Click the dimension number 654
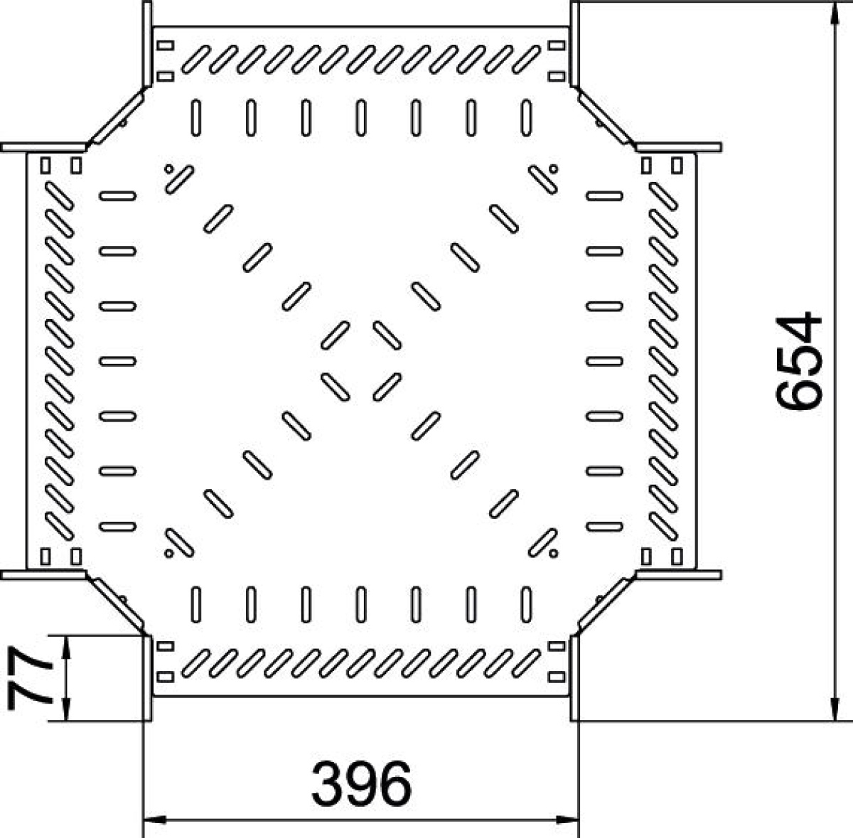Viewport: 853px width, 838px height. tap(800, 361)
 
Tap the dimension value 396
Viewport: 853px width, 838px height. tap(362, 785)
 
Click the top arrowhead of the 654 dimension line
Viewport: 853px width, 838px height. tap(835, 14)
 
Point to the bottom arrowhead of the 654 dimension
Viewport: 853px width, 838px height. tap(835, 709)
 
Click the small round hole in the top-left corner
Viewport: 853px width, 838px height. tap(168, 168)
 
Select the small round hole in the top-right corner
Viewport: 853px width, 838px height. tap(553, 168)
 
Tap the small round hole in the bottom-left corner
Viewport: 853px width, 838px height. tap(168, 554)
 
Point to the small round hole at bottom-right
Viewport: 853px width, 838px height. tap(553, 554)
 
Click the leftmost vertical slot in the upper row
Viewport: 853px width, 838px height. tap(196, 118)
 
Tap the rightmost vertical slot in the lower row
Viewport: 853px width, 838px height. tap(526, 604)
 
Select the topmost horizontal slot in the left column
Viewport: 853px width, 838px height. tap(117, 195)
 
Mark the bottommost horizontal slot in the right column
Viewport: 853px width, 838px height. tap(605, 527)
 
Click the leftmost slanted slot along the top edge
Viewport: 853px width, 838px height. tap(195, 59)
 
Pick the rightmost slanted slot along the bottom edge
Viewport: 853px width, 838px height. tap(527, 663)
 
